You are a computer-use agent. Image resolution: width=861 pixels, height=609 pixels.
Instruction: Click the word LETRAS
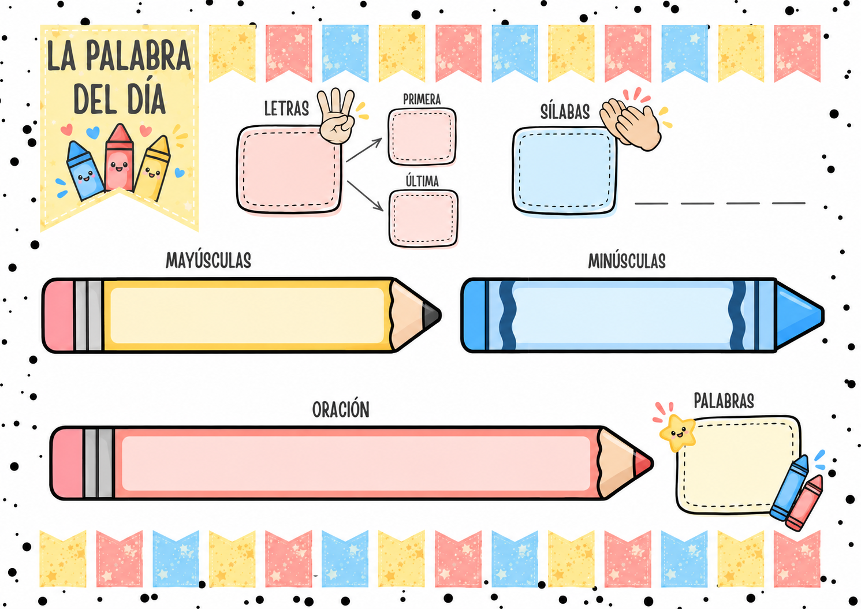[286, 109]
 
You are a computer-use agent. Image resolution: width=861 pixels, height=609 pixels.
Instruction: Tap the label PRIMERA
[422, 99]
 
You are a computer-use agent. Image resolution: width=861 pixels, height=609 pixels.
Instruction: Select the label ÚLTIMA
[422, 181]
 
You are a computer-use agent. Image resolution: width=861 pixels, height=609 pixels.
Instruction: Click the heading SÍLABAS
[565, 112]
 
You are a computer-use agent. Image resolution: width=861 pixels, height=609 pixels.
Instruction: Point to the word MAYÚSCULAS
[208, 260]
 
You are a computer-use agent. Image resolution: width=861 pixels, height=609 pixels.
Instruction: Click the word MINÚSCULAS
[627, 261]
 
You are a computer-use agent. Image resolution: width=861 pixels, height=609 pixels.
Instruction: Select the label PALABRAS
[724, 401]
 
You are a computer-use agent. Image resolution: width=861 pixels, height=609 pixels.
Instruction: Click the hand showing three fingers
[337, 116]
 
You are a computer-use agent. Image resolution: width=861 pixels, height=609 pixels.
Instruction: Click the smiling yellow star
[677, 432]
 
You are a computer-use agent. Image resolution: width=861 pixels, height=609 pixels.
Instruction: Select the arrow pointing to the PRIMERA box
[364, 150]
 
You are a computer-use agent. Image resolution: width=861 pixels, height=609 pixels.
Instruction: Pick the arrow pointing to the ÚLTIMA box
[365, 196]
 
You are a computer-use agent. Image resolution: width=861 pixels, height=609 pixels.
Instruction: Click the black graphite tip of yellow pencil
[431, 315]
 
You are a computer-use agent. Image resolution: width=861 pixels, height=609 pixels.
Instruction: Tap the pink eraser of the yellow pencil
[58, 315]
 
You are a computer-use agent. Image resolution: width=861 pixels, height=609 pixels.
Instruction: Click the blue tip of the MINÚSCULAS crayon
[799, 315]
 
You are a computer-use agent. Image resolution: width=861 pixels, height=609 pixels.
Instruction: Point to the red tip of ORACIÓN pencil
[643, 464]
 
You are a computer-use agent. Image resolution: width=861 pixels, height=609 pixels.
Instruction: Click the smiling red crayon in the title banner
[120, 157]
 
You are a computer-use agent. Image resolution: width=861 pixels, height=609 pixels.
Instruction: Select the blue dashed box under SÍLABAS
[565, 171]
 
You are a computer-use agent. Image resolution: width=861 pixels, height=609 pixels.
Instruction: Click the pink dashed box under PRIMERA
[422, 137]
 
